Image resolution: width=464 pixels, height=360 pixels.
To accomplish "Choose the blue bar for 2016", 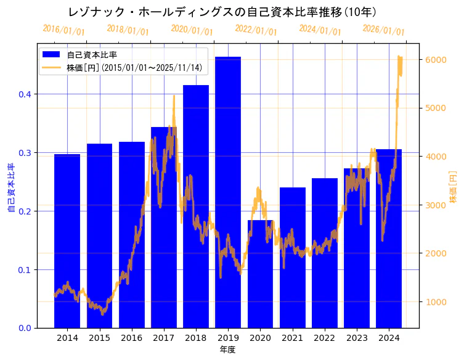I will pos(132,234).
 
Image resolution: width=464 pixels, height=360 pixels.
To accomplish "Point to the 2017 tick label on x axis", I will pos(164,338).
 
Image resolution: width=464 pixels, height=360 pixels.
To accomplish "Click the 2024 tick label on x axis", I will pos(389,338).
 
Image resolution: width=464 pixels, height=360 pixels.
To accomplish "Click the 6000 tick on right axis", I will pos(438,60).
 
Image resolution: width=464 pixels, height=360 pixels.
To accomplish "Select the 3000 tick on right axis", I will pos(438,205).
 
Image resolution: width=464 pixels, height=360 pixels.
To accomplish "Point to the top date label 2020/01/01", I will pos(192,30).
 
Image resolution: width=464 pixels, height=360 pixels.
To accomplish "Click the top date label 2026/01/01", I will pos(384,30).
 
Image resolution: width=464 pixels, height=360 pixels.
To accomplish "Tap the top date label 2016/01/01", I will pos(64,30).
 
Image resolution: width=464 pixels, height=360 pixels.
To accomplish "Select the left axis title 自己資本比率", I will pos(11,188).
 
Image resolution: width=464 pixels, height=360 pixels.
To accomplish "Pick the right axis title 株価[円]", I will pos(453,188).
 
